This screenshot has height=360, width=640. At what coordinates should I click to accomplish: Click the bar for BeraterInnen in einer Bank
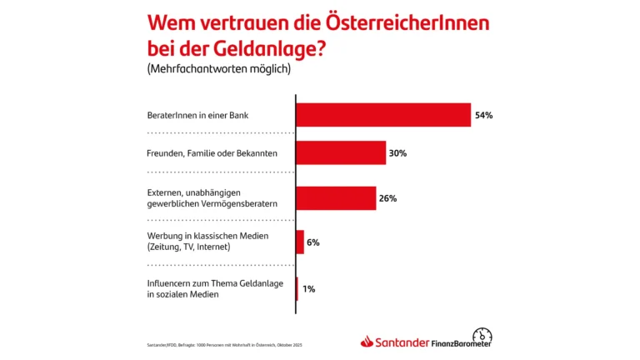pyautogui.click(x=383, y=114)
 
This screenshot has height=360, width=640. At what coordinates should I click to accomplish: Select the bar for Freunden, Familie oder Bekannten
pyautogui.click(x=341, y=153)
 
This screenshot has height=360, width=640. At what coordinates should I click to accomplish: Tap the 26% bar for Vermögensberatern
pyautogui.click(x=336, y=198)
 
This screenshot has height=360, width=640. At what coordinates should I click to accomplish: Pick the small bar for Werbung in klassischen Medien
pyautogui.click(x=300, y=242)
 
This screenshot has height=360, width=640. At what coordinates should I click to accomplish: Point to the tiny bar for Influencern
pyautogui.click(x=297, y=288)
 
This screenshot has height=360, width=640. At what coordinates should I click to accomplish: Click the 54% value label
pyautogui.click(x=484, y=115)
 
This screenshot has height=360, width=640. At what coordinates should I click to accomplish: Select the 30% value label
pyautogui.click(x=398, y=153)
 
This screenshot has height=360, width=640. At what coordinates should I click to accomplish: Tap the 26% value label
pyautogui.click(x=387, y=198)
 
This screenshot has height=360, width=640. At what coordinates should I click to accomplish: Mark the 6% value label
pyautogui.click(x=313, y=242)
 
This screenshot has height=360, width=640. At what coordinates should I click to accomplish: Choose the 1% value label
pyautogui.click(x=308, y=288)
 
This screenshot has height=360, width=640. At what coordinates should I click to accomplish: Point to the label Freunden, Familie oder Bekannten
pyautogui.click(x=212, y=154)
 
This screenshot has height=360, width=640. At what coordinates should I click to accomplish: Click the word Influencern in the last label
pyautogui.click(x=172, y=282)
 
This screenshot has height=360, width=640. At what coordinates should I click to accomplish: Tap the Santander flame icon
pyautogui.click(x=367, y=341)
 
